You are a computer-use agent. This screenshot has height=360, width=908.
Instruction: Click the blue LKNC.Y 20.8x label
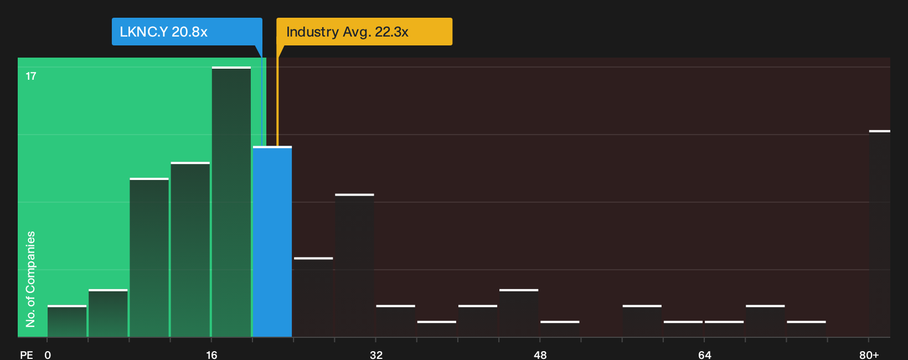point(187,32)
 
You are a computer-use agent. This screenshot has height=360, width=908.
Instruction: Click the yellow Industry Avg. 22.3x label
point(364,32)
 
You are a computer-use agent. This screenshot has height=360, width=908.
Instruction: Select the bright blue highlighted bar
point(272,241)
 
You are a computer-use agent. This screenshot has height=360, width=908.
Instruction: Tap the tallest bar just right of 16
point(231,202)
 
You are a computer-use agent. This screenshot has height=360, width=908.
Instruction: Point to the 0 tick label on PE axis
point(48,355)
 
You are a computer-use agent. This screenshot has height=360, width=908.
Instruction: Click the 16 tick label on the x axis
point(211,355)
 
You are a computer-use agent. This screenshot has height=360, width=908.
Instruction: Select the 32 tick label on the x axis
point(376,355)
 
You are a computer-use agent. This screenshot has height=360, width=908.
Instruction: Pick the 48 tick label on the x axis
point(540,355)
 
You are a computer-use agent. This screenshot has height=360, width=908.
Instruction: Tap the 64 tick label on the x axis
point(705,355)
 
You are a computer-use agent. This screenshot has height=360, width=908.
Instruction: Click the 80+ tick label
point(869,355)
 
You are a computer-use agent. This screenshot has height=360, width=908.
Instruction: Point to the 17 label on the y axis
point(31,76)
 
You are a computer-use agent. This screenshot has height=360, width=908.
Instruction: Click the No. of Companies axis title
point(30,279)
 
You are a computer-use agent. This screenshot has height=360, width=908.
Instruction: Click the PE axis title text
point(27,355)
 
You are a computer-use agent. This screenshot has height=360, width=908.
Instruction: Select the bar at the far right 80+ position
point(880,234)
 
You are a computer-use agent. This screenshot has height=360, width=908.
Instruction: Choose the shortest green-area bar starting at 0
point(67,321)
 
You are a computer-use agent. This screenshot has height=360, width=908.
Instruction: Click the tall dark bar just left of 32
point(355,265)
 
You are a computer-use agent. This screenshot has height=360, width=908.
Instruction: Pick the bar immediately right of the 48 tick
point(560,329)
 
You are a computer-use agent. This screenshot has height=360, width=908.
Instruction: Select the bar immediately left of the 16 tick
point(190,250)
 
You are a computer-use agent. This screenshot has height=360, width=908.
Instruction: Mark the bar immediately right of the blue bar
point(313,297)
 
